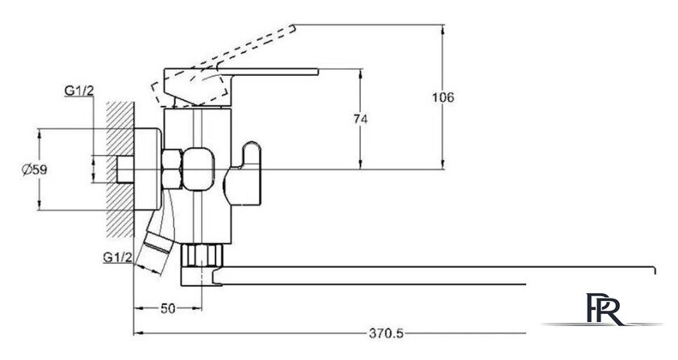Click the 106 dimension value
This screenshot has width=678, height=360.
443,98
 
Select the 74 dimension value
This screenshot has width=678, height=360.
361,119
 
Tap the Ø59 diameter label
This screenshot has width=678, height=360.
35,170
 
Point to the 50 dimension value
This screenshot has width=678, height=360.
168,308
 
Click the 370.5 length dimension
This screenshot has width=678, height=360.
386,333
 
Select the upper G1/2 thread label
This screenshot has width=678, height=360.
79,90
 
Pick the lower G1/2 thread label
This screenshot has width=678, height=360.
118,257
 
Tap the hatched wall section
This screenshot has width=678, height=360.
119,170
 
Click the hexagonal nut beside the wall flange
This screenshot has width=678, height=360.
172,169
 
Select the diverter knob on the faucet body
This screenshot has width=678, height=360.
243,174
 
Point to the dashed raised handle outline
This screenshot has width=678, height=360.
224,65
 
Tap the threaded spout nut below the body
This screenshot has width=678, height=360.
202,255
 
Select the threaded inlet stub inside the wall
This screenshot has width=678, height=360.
125,169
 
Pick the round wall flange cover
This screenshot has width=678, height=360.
148,169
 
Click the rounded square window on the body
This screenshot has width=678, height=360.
199,169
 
